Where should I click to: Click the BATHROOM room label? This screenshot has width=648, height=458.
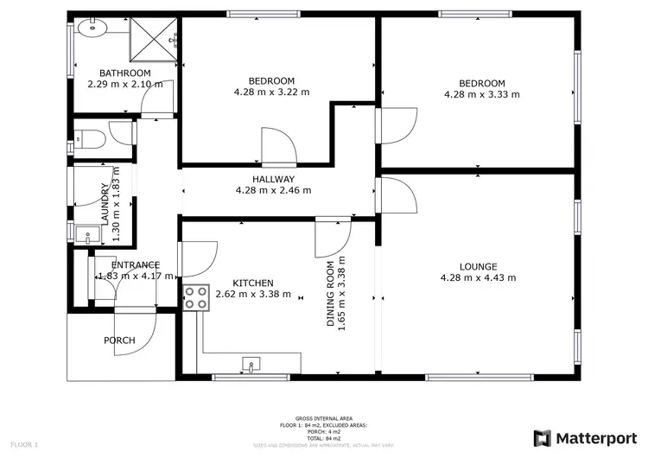coord(124,73)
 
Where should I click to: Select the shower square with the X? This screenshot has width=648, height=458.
coord(154,40)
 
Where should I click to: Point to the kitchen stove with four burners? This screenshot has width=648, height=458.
coord(195,296)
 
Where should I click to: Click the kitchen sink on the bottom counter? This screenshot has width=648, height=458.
coord(252,364)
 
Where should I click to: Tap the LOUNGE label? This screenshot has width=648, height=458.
coord(477,266)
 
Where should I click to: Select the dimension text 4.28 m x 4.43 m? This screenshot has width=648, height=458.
coord(477,277)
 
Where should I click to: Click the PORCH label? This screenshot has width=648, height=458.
coord(119,340)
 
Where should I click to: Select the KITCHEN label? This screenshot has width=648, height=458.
coord(253,283)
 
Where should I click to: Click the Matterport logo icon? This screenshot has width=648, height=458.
coord(543,437)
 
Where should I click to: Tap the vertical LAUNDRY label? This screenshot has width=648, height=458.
coord(105,204)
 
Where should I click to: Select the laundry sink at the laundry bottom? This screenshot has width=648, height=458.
coord(83,233)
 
